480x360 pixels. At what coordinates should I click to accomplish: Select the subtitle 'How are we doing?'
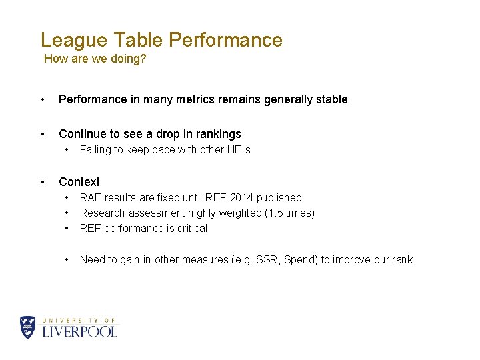pyautogui.click(x=95, y=59)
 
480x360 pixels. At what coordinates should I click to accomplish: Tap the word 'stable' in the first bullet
pyautogui.click(x=332, y=99)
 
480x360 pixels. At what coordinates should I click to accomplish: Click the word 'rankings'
pyautogui.click(x=219, y=134)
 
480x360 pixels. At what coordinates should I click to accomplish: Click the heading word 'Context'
pyautogui.click(x=79, y=182)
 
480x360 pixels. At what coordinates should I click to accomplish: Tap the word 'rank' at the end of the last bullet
pyautogui.click(x=401, y=260)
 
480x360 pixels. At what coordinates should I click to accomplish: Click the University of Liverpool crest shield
pyautogui.click(x=27, y=327)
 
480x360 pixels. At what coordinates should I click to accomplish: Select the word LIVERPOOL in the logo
pyautogui.click(x=80, y=331)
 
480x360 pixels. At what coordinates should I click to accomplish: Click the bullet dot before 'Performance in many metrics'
pyautogui.click(x=43, y=99)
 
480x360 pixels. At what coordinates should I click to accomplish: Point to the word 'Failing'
pyautogui.click(x=95, y=150)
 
